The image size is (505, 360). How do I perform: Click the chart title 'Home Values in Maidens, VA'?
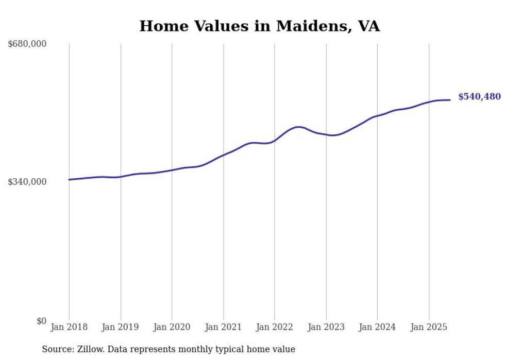point(260,26)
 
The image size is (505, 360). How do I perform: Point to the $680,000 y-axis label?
point(27,44)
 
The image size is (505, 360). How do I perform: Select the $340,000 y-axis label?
point(27,182)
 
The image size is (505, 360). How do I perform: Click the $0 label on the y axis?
point(41,321)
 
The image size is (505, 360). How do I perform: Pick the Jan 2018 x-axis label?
point(69,327)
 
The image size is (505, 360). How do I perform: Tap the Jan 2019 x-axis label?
point(121,327)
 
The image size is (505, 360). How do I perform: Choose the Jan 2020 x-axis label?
point(172,327)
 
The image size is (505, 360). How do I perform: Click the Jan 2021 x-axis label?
point(223,327)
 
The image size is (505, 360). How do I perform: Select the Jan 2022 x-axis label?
point(275,327)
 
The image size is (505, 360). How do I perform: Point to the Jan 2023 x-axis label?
point(326,327)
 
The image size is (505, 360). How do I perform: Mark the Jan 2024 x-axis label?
point(377,327)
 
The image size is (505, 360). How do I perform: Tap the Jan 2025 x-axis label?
point(429,327)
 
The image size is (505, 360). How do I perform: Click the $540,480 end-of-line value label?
point(479,97)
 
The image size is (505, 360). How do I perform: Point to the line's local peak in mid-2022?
point(298,127)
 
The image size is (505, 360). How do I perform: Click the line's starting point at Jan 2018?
point(69,180)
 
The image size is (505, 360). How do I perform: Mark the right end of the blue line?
point(450,100)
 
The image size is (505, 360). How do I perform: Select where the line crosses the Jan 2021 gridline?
point(223,155)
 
